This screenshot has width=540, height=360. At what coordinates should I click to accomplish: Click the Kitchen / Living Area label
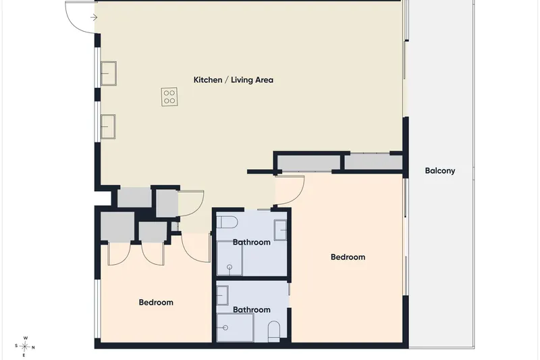coord(233,80)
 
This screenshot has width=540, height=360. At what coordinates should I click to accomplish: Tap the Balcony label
coord(440,171)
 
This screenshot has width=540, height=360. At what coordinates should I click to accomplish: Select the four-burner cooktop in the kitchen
coord(169,97)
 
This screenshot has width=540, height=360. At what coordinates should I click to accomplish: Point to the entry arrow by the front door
coord(94,18)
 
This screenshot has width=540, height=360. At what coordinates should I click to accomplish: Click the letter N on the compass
coord(33,347)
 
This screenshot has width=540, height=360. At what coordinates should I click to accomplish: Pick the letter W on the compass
coord(26,338)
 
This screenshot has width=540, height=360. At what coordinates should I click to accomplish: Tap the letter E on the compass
coord(24,355)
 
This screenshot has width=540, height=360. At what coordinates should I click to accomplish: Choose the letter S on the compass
coord(16,346)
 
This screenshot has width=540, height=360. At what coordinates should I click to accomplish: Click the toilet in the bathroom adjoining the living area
coord(227,222)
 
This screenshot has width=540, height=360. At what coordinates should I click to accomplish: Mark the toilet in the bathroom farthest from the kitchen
coord(274,332)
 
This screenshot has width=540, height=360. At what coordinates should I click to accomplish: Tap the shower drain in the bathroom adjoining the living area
coord(230,267)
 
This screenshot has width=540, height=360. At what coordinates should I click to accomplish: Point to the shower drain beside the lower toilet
coord(225,328)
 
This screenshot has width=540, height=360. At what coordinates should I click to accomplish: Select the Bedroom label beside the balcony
coord(348,257)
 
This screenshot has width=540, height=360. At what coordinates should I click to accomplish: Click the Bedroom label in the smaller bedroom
coord(156,303)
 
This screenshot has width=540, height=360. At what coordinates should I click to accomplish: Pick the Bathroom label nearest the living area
coord(251,242)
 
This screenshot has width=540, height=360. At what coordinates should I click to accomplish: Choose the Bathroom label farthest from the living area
coord(251,310)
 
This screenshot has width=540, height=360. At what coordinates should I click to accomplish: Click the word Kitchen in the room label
coord(208,80)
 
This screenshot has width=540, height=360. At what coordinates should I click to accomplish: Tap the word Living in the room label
coord(240,80)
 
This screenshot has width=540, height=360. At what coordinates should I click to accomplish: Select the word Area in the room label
coord(263,80)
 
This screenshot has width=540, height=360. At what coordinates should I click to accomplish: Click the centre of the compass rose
coord(24,346)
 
